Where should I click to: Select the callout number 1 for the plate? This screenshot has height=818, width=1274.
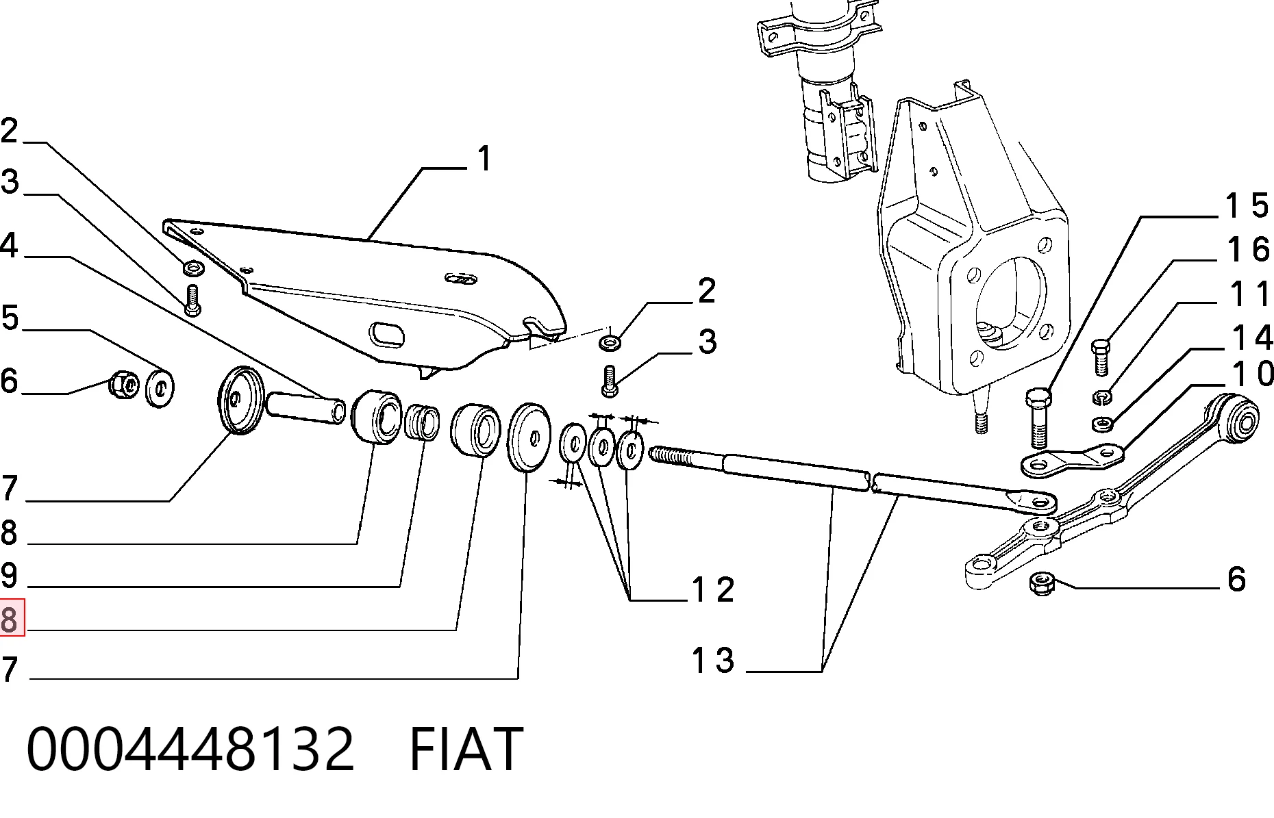484,159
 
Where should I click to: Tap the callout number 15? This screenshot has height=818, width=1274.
1247,205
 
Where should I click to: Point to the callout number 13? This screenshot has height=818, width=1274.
714,661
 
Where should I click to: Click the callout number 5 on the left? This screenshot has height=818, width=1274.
9,318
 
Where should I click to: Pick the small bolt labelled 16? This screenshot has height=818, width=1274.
1099,356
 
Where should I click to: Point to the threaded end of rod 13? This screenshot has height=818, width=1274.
685,456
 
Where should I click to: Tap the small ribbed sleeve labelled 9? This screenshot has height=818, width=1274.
422,422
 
